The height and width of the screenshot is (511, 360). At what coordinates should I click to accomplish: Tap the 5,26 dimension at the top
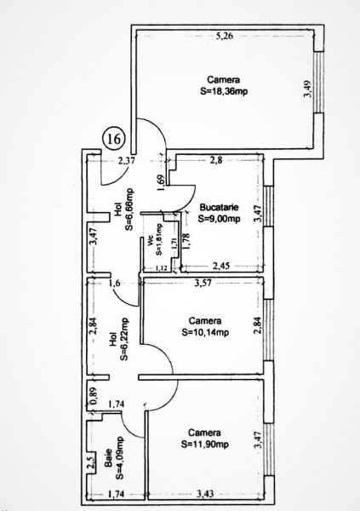coord(225,36)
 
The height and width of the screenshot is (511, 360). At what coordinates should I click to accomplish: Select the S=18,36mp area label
coord(224,92)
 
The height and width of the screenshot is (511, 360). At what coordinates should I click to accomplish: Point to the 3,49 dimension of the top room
coord(307,89)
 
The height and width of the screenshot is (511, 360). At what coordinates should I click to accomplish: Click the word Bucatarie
coord(219,207)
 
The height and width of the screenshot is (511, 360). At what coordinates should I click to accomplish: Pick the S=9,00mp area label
coord(219,218)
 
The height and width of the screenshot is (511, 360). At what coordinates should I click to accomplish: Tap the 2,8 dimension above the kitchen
coord(216,160)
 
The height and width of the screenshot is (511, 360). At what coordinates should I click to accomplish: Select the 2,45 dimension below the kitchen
coord(221,266)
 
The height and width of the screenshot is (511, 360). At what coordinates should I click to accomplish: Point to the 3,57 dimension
coord(203,283)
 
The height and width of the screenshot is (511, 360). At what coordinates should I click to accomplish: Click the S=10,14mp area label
coord(205,332)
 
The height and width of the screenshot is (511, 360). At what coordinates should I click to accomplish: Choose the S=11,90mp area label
coord(204,445)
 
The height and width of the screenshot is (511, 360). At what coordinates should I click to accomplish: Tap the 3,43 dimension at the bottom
coord(205,494)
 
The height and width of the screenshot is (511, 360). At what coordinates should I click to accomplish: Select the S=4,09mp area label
coord(119,458)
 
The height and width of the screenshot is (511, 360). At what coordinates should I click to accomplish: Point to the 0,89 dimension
coord(94,394)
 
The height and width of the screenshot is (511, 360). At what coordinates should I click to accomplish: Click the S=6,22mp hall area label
coord(124,339)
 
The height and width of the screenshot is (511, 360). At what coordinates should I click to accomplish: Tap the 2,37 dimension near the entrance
coord(126,161)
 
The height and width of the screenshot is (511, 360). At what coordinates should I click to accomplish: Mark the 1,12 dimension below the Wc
coord(162,268)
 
